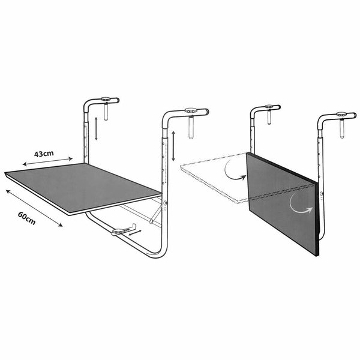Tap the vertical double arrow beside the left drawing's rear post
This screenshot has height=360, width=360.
click(x=95, y=128)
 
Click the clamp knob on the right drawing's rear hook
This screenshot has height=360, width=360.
click(x=267, y=109)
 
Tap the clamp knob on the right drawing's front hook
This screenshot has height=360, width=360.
click(x=341, y=114)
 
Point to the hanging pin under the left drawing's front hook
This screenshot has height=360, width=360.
click(x=191, y=128)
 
